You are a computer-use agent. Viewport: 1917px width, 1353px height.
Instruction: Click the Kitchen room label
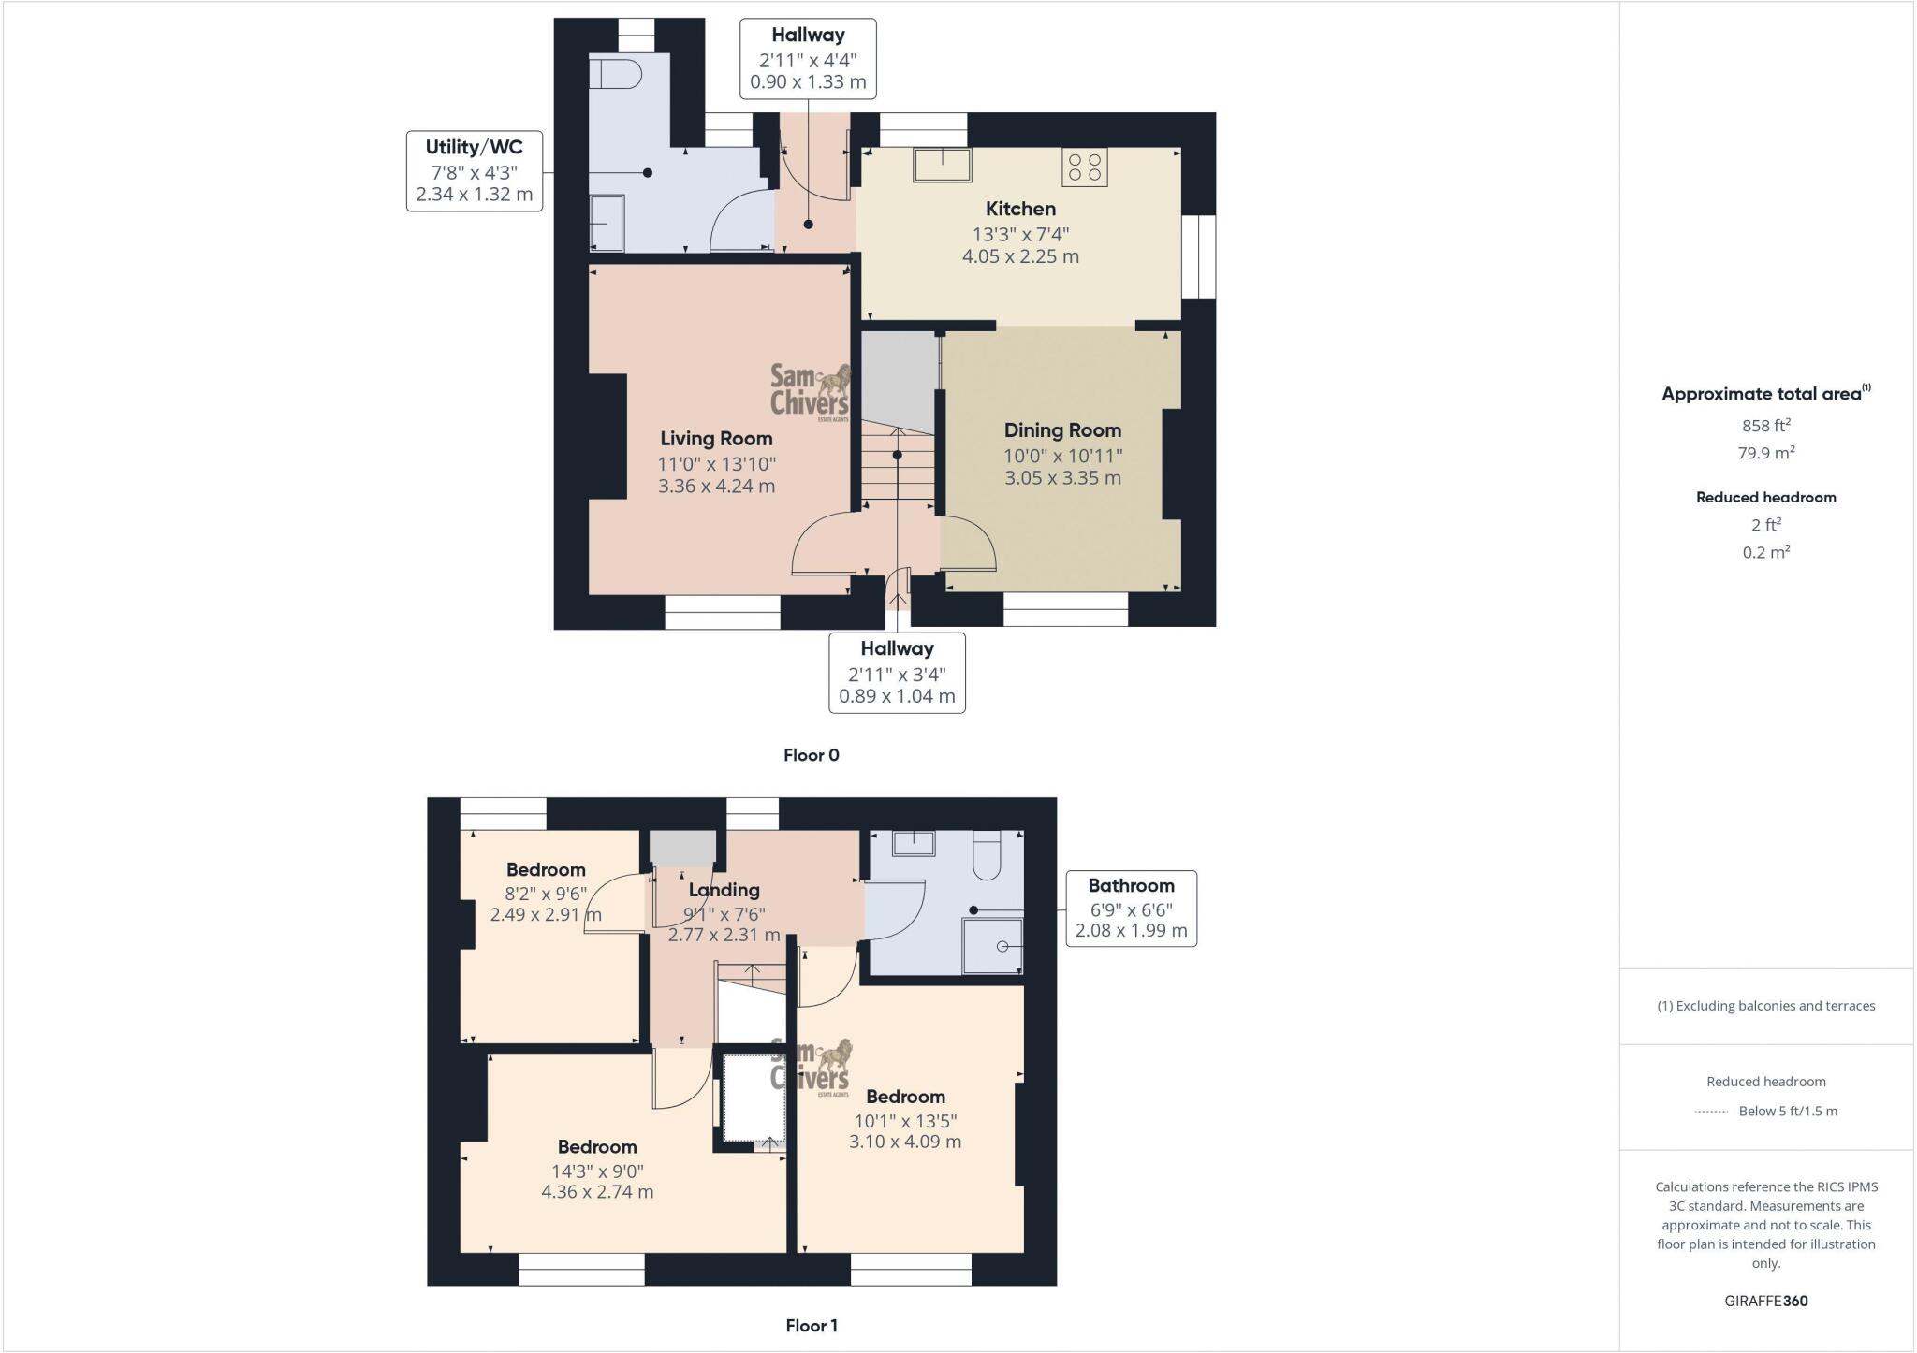pos(1020,209)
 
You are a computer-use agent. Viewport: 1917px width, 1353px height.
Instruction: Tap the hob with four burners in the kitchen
pos(1084,167)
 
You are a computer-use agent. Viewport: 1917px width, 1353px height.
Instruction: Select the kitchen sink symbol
pos(943,165)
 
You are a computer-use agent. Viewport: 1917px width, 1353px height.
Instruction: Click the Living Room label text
pos(716,438)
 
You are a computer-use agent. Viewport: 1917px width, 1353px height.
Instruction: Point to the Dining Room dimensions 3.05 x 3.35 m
pos(1062,478)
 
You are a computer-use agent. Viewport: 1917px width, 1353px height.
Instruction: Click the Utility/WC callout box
pos(475,171)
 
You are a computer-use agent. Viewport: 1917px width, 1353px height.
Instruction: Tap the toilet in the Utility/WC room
pos(615,72)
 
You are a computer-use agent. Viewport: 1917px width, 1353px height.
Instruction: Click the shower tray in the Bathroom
pos(992,946)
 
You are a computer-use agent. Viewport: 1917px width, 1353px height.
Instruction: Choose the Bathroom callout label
pos(1131,908)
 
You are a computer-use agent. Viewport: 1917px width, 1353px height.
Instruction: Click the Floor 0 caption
pos(811,755)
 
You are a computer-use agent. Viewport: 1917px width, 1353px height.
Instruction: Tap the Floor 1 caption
pos(811,1325)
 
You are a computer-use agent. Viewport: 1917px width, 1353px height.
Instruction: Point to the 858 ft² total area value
pos(1765,426)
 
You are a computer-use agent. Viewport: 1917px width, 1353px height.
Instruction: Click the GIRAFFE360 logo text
pos(1765,1301)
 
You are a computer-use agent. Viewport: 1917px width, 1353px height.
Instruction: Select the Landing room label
pos(724,890)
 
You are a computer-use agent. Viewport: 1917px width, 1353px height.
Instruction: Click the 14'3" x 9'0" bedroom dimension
pos(597,1171)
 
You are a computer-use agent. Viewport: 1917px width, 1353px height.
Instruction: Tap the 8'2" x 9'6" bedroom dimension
pos(546,893)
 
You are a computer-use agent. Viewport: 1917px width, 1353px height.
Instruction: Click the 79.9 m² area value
pos(1765,453)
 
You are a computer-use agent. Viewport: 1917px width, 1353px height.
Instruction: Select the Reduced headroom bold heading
pos(1765,498)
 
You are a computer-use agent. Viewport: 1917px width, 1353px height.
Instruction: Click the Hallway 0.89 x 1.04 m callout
pos(897,673)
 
